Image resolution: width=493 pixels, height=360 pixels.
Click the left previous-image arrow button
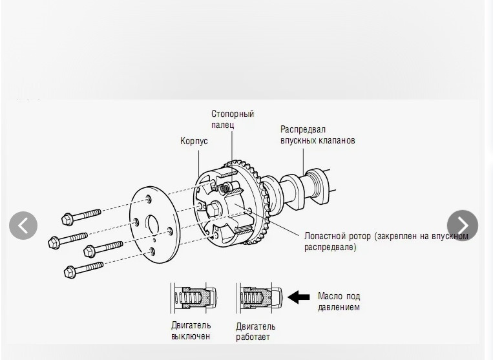coord(23,226)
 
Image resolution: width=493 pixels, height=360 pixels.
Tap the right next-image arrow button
coord(462,226)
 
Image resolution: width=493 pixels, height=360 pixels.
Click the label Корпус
coord(194,141)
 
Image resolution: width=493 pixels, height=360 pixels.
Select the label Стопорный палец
coord(232,119)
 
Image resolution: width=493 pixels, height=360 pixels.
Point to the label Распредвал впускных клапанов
coord(317,134)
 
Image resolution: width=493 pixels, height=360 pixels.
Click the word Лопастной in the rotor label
coord(325,236)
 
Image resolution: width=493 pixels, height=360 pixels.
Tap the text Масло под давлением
coord(339,301)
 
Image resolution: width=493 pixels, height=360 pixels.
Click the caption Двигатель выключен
coord(191,330)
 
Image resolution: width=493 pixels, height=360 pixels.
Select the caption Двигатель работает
coord(255,332)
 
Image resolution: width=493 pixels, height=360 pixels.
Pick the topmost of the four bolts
coord(81,215)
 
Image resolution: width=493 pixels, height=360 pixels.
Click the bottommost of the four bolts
coord(83,268)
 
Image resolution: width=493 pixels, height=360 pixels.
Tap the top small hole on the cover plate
coord(149,198)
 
